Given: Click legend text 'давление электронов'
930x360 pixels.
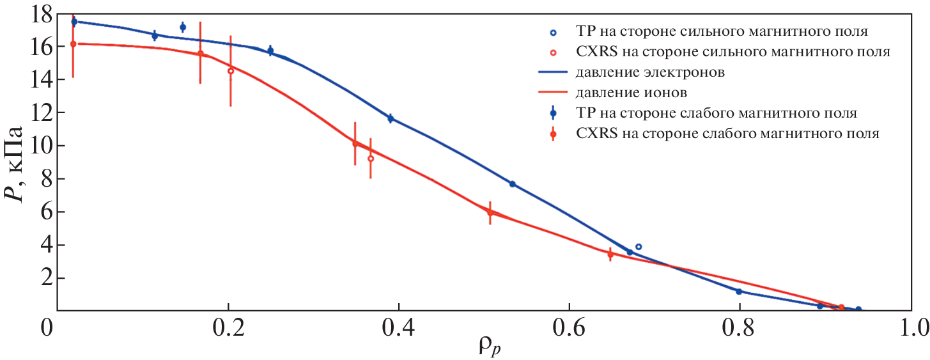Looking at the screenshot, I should point(650,72).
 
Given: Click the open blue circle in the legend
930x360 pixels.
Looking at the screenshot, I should point(553,31).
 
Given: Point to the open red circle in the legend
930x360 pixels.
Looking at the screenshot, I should point(553,51).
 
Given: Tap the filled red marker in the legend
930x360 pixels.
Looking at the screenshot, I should point(553,134).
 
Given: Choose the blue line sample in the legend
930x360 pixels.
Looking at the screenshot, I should point(553,72).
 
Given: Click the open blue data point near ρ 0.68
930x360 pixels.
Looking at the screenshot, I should point(638,247).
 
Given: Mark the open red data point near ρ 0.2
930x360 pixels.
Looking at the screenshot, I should point(231,71).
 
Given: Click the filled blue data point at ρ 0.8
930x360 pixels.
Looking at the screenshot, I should point(739,292).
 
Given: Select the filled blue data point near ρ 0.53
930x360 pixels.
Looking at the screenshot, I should point(512,184).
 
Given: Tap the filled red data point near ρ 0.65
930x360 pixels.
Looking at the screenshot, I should point(610,254).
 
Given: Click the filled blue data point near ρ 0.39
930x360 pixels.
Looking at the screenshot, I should point(391,118).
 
